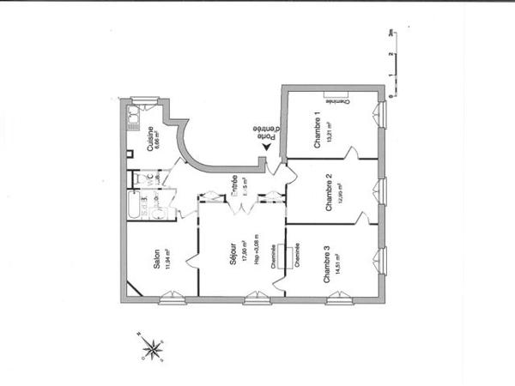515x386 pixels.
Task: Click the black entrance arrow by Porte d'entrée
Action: pyautogui.click(x=267, y=148)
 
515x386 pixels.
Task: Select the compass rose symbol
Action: pyautogui.click(x=152, y=347)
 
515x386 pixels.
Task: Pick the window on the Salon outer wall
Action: pyautogui.click(x=172, y=299)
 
